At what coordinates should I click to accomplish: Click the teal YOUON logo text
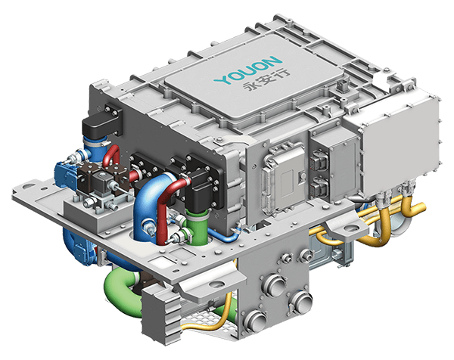click(x=248, y=70)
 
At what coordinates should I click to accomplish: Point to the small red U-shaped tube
click(x=112, y=155)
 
